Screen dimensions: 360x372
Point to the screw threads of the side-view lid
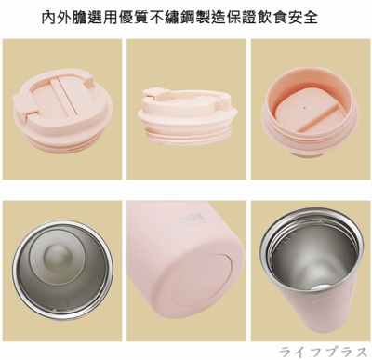pyautogui.click(x=186, y=135)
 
